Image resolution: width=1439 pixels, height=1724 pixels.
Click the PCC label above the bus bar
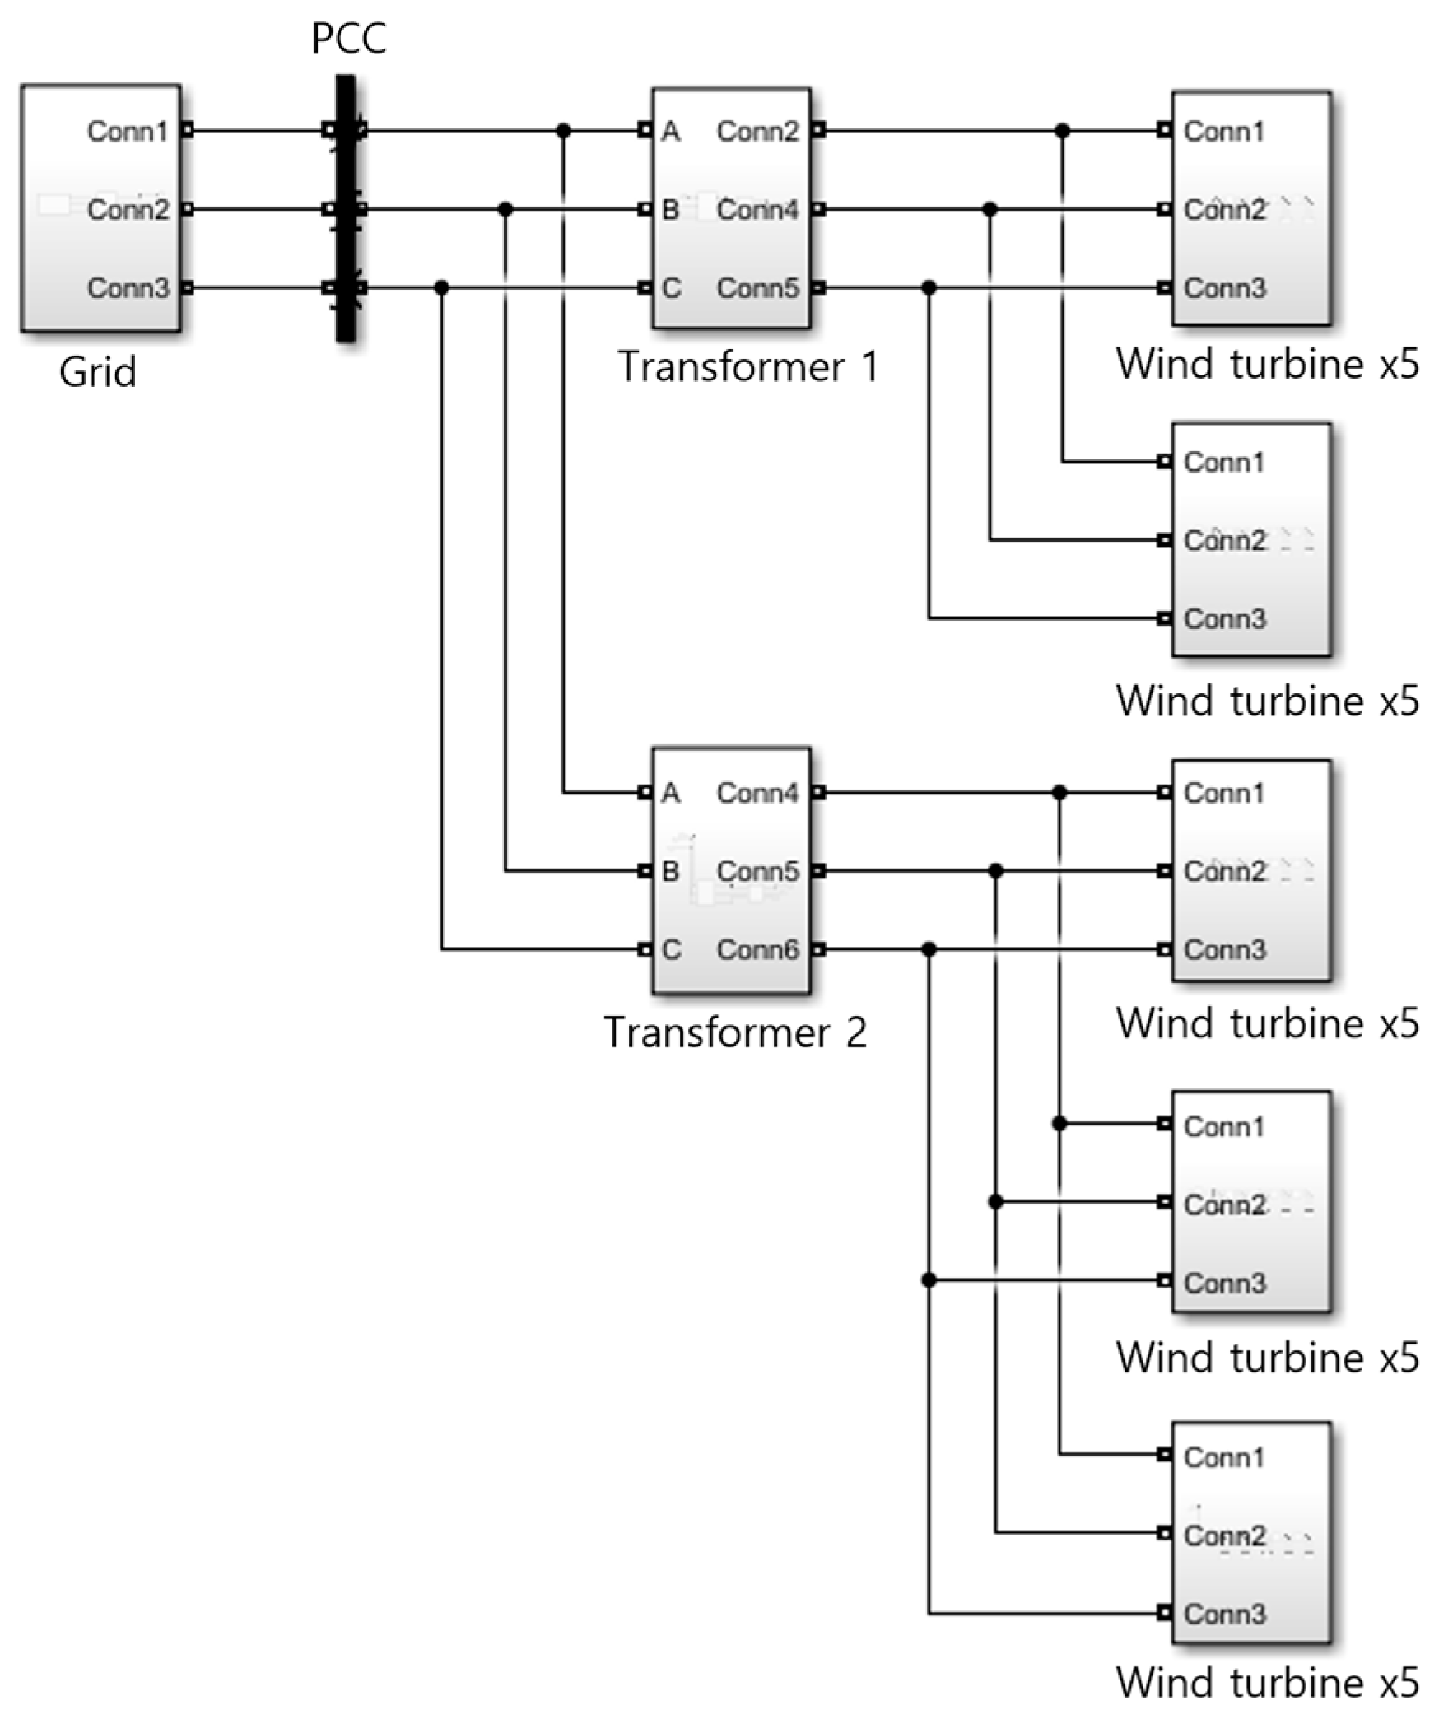[349, 39]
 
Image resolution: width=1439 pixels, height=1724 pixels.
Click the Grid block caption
[97, 372]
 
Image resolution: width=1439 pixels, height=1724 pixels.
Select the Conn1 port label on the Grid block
[127, 131]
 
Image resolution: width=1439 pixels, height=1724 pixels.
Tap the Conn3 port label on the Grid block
[128, 288]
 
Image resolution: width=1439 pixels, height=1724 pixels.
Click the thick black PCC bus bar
[346, 247]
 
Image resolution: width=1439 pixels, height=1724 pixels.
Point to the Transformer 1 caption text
[748, 366]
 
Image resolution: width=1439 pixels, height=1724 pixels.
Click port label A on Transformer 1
[671, 131]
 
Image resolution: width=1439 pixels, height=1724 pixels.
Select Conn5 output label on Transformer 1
[757, 288]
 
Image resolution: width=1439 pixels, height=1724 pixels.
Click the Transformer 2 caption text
[735, 1032]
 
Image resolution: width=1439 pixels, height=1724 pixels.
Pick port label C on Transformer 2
[671, 949]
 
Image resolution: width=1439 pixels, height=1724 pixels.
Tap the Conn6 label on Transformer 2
[757, 949]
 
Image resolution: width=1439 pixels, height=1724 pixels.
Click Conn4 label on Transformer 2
[757, 793]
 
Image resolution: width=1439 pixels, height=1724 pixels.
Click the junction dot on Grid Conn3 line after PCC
[442, 288]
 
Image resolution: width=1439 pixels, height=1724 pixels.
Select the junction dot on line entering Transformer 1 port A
[563, 131]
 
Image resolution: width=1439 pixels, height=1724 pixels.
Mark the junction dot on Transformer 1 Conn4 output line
[990, 210]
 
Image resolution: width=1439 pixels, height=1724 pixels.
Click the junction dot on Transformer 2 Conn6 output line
[929, 949]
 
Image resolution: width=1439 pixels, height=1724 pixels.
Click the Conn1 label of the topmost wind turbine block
[1223, 131]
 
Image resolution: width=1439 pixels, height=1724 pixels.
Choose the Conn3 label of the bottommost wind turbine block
[1224, 1614]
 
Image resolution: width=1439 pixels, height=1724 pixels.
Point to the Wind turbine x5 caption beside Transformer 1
[1267, 364]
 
